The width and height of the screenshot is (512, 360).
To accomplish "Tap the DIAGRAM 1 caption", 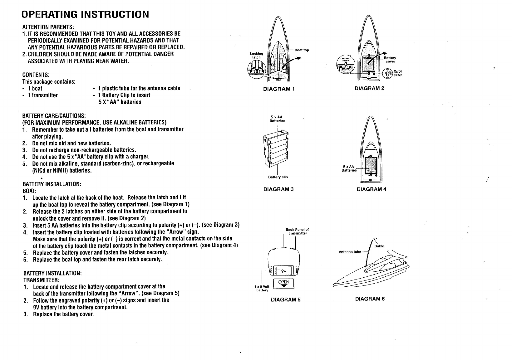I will (279, 89).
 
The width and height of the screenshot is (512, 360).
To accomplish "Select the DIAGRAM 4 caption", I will (372, 189).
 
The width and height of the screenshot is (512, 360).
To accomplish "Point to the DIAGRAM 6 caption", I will (370, 299).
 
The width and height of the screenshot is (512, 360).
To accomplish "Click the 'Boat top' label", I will (302, 50).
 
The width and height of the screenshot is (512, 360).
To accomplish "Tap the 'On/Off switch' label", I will (398, 73).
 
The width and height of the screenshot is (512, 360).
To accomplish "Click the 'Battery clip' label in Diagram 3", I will (278, 177).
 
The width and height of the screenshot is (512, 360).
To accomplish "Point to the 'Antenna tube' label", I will (350, 252).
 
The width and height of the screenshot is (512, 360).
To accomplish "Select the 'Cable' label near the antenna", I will (379, 246).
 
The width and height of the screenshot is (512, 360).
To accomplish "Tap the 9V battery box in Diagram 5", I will (283, 271).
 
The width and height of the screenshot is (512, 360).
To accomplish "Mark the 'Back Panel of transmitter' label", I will (297, 231).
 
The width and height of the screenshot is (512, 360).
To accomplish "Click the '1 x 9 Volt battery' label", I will (262, 288).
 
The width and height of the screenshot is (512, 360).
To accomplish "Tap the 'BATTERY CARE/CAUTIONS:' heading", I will (54, 115).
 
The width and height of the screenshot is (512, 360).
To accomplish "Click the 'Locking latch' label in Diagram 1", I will (256, 55).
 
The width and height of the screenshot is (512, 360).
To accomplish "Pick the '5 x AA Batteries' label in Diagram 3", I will (277, 119).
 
